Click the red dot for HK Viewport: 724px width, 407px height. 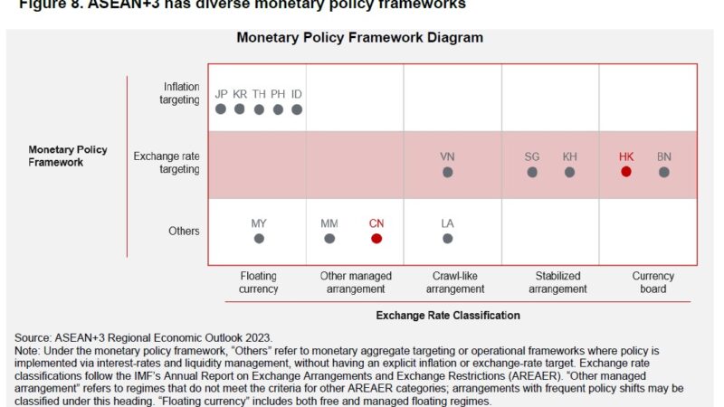click(x=626, y=172)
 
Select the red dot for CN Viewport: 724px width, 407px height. click(x=376, y=239)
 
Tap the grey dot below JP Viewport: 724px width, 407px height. click(x=221, y=109)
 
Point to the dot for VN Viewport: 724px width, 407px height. click(x=447, y=172)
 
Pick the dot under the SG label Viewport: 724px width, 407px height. click(x=532, y=172)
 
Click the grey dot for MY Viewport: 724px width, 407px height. click(x=259, y=239)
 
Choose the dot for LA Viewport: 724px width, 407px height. click(x=447, y=239)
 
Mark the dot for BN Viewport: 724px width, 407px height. click(x=664, y=172)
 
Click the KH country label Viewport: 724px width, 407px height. click(x=569, y=156)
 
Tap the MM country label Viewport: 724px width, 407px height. click(x=329, y=223)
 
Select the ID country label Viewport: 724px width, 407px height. click(x=297, y=94)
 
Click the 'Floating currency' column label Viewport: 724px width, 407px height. click(x=259, y=282)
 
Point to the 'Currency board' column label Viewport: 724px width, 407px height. click(x=653, y=282)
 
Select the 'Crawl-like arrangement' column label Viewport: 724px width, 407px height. click(x=454, y=282)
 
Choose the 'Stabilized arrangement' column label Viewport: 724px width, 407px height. click(x=557, y=282)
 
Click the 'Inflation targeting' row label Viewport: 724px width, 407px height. click(x=181, y=93)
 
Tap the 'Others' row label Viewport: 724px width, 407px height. click(x=184, y=231)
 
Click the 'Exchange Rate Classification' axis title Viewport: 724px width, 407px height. click(x=448, y=316)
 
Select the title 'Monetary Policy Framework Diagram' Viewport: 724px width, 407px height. click(x=360, y=38)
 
